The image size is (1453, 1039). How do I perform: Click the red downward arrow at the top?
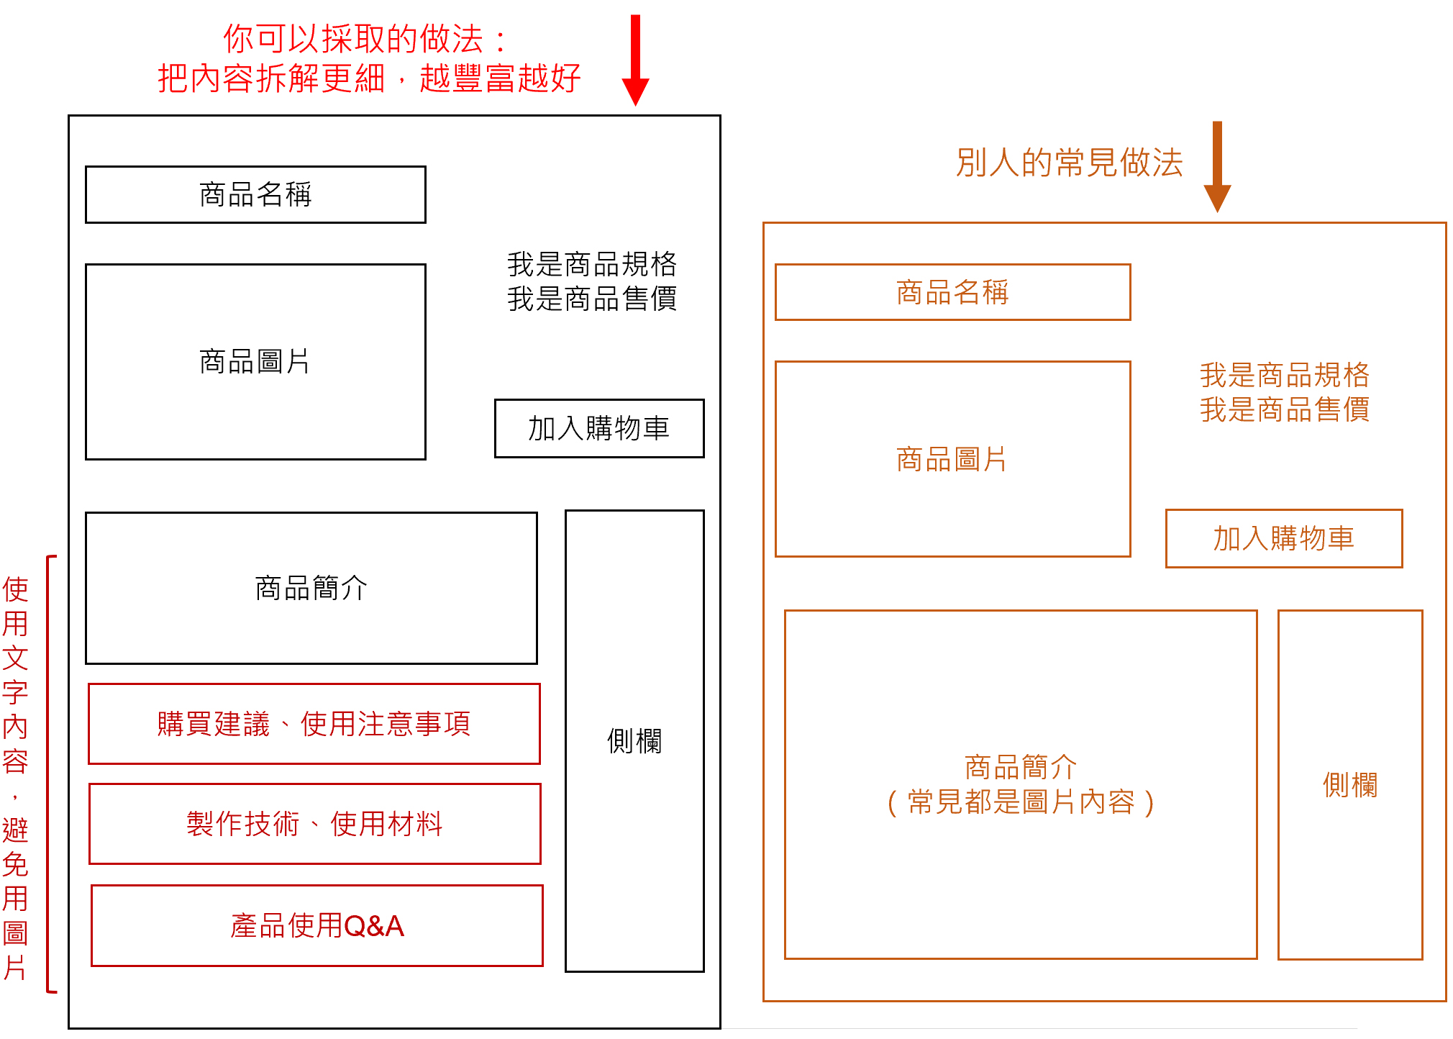(635, 60)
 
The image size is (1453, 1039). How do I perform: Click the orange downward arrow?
(1217, 166)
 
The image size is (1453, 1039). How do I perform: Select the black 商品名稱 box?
(255, 194)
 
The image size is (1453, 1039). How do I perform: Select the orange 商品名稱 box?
(952, 292)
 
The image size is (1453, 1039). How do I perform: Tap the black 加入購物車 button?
(599, 428)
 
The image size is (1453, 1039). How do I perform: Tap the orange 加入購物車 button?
(1284, 538)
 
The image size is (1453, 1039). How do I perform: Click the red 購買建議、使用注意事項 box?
(314, 724)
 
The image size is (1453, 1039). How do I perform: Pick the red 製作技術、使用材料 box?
(315, 824)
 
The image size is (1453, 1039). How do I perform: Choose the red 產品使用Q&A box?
(317, 925)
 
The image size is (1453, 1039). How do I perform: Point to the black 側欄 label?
(634, 740)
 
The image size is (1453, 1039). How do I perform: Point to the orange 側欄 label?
(1350, 784)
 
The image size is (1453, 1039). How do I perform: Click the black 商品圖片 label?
(255, 361)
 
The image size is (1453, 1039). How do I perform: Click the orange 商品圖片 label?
(952, 459)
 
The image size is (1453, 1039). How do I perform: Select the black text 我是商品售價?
(592, 299)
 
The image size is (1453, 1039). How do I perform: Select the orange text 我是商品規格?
(1285, 375)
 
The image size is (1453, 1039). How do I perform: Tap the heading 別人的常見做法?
(1070, 163)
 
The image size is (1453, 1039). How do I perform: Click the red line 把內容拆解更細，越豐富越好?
(369, 78)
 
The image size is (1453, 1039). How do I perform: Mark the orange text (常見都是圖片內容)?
(1021, 802)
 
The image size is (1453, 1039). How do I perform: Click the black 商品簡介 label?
(311, 588)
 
